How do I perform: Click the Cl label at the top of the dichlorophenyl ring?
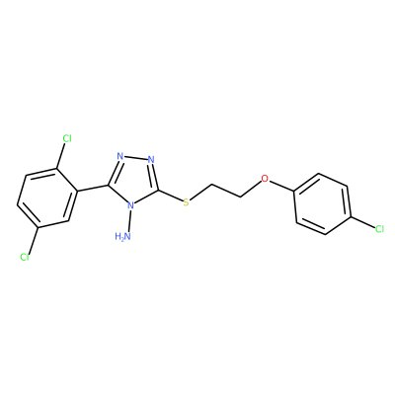point(67,138)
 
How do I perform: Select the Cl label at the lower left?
point(25,257)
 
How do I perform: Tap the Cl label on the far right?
point(379,229)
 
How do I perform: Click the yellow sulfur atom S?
point(187,202)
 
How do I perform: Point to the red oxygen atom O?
point(265,179)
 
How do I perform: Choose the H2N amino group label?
point(123,236)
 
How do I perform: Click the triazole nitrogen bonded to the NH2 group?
point(131,205)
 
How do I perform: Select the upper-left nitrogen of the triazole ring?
point(120,156)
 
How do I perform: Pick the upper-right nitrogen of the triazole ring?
point(151,160)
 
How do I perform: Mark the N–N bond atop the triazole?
point(135,158)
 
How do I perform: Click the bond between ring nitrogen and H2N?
point(130,221)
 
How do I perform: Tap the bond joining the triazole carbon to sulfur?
point(171,196)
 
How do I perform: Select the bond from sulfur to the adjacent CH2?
point(201,192)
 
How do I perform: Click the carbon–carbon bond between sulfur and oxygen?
point(226,191)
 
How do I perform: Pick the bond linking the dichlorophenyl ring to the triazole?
point(93,188)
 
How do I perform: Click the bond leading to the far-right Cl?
point(363,222)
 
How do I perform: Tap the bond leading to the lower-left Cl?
point(34,240)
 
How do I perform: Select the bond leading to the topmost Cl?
point(61,156)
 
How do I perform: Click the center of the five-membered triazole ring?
point(134,180)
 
